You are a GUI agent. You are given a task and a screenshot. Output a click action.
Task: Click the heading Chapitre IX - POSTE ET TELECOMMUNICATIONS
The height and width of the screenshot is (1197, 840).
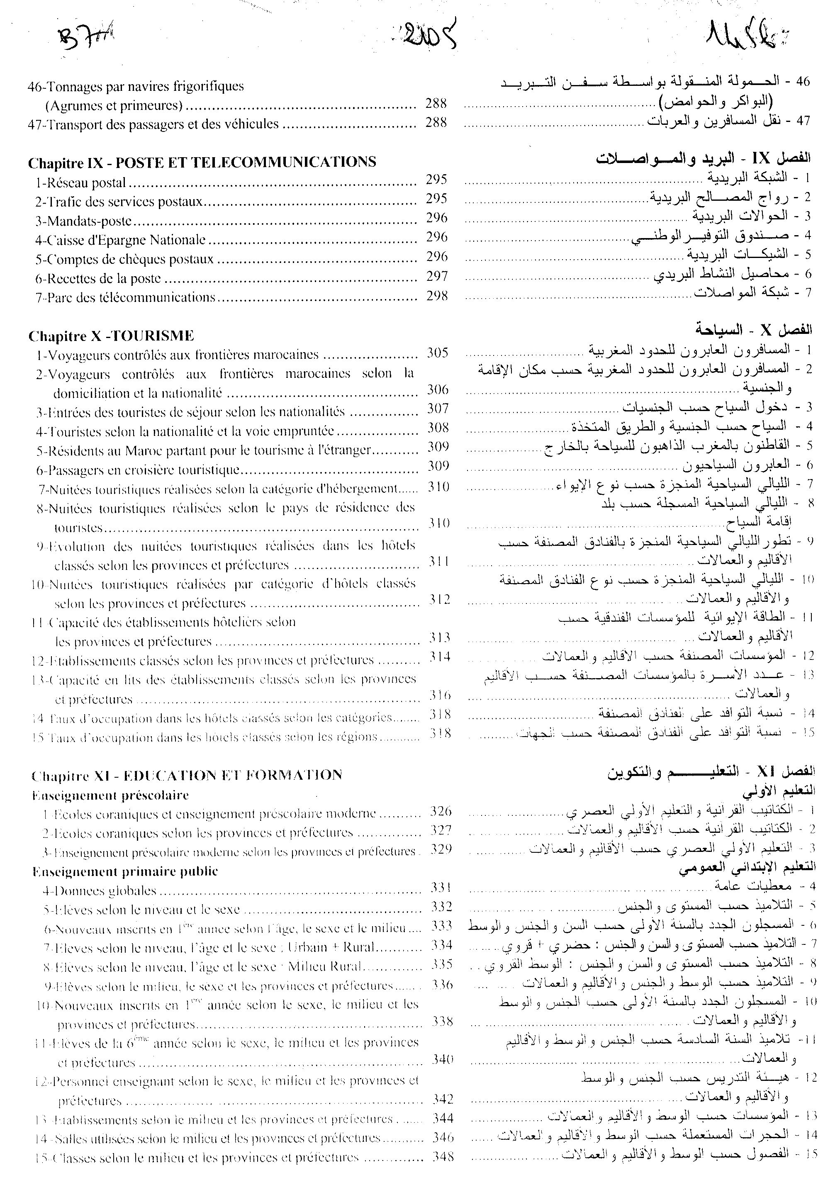click(x=202, y=162)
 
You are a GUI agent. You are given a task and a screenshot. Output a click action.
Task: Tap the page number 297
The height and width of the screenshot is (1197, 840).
click(x=436, y=276)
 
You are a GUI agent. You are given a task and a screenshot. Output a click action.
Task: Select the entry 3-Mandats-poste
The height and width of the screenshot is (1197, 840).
click(x=83, y=221)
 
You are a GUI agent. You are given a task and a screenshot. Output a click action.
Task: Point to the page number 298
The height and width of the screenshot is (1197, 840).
click(x=437, y=296)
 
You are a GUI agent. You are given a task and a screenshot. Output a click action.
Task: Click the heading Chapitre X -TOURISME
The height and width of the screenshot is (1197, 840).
click(x=111, y=335)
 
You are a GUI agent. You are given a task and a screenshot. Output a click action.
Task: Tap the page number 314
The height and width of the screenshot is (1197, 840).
click(x=440, y=657)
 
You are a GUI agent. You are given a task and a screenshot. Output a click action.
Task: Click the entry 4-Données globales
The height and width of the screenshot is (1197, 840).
click(x=100, y=891)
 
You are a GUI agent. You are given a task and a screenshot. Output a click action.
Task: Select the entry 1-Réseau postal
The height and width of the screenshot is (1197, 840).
click(x=81, y=182)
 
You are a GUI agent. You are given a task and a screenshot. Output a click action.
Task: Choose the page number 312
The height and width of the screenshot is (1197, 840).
click(x=440, y=600)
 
